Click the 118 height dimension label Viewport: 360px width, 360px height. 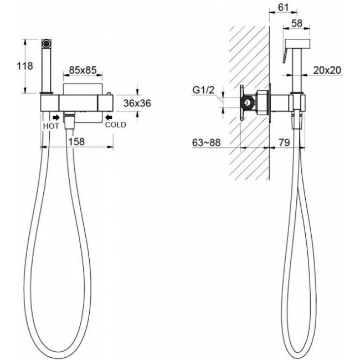click(25, 66)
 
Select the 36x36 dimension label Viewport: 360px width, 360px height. click(137, 104)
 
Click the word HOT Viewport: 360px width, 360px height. click(51, 126)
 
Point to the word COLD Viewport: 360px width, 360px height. click(116, 125)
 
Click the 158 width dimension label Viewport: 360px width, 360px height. click(76, 142)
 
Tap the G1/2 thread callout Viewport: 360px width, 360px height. click(203, 90)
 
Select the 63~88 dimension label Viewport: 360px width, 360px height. click(206, 142)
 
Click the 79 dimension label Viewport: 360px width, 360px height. click(284, 142)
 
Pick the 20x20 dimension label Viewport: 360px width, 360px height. click(327, 70)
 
